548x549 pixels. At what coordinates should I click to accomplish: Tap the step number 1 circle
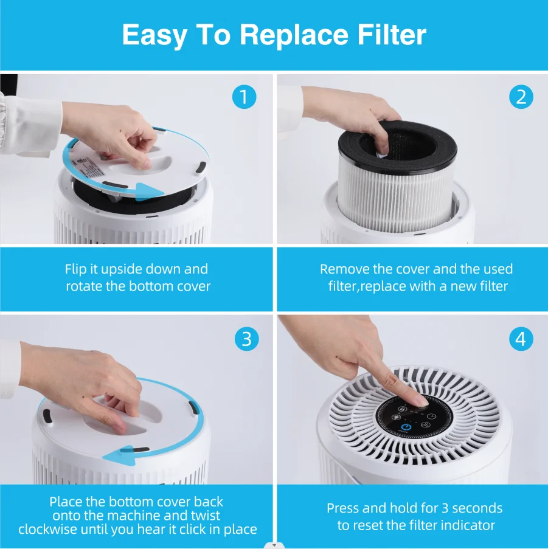[x=245, y=97]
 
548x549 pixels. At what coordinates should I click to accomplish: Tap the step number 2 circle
[x=521, y=97]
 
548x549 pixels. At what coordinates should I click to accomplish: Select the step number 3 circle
[x=246, y=339]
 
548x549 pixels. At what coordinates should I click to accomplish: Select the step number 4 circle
[x=521, y=339]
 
